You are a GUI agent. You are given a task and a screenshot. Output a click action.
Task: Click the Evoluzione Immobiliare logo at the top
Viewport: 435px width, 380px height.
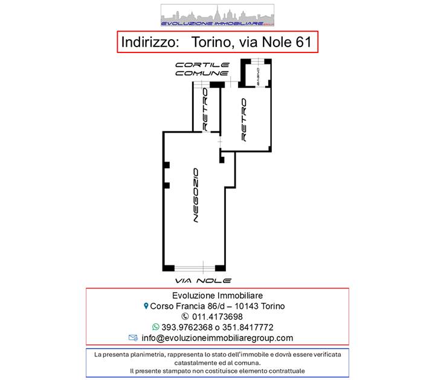217,15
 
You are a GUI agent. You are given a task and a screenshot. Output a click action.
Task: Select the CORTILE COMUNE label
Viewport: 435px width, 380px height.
202,69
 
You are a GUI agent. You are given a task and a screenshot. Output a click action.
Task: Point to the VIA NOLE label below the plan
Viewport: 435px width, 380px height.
202,281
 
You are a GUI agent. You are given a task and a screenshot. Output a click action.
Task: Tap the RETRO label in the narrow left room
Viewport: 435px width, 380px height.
205,109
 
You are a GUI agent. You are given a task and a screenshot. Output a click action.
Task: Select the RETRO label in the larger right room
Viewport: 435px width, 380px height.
244,119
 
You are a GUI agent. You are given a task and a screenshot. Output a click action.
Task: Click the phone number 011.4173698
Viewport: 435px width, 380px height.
222,317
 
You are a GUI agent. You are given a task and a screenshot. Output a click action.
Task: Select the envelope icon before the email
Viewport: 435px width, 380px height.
134,338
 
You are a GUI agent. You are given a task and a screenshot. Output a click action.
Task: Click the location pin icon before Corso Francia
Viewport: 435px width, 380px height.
146,306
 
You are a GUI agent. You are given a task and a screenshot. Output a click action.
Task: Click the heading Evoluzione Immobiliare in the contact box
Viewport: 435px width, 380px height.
217,296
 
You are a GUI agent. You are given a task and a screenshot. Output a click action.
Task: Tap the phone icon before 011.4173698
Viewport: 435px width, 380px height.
185,317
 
